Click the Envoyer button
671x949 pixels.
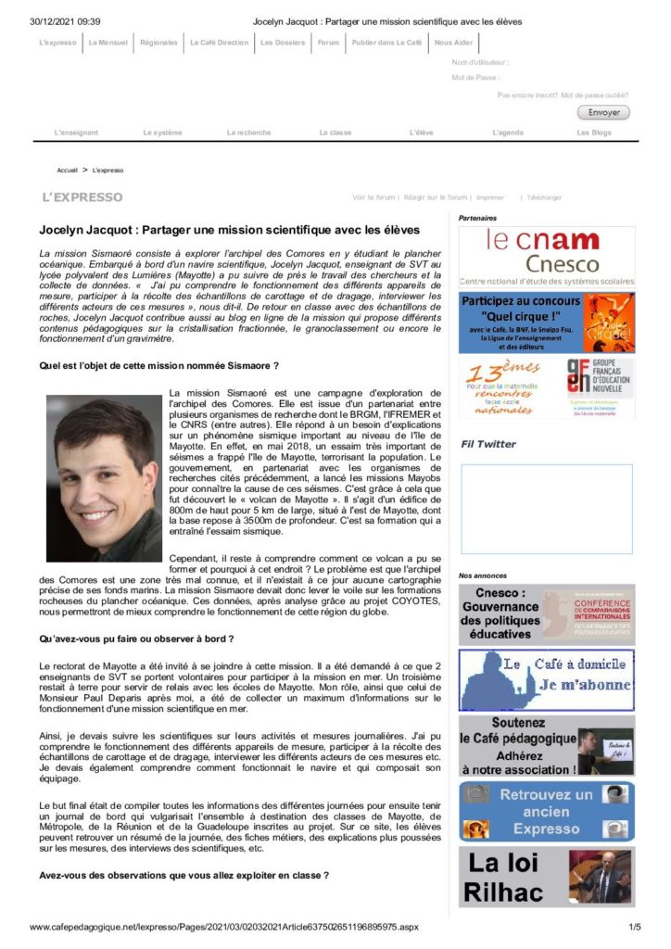tap(602, 112)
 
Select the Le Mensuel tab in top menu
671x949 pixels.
tap(108, 43)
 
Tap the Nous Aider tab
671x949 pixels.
tap(452, 43)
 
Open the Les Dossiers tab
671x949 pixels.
tap(280, 43)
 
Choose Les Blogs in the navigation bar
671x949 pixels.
tap(594, 133)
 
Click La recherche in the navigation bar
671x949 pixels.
tap(248, 133)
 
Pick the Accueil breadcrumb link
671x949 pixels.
tap(68, 171)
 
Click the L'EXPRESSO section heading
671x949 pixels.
tap(82, 197)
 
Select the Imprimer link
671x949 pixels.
tap(490, 197)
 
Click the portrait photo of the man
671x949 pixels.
tap(104, 478)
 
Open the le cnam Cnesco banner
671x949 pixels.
tap(547, 257)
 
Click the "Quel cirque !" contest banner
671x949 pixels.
tap(547, 322)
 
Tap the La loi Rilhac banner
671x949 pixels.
tap(547, 876)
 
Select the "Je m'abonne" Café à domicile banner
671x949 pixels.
tap(547, 679)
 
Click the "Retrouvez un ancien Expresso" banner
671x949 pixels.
tap(547, 811)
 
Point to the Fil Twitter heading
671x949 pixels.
tap(488, 444)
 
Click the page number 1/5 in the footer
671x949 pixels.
tap(635, 927)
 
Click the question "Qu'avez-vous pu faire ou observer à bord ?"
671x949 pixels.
tap(136, 639)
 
